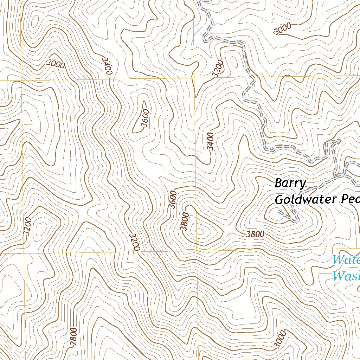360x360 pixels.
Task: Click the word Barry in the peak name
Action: pyautogui.click(x=290, y=184)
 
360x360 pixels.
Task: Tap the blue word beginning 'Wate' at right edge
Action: pyautogui.click(x=346, y=260)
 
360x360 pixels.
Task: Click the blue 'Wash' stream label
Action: pyautogui.click(x=346, y=276)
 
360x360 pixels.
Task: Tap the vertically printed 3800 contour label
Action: pyautogui.click(x=185, y=222)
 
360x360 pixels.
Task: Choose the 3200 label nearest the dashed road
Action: pyautogui.click(x=218, y=69)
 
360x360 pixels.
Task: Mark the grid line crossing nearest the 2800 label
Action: pyautogui.click(x=24, y=253)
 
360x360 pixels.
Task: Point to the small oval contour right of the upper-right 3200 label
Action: pyautogui.click(x=233, y=62)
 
